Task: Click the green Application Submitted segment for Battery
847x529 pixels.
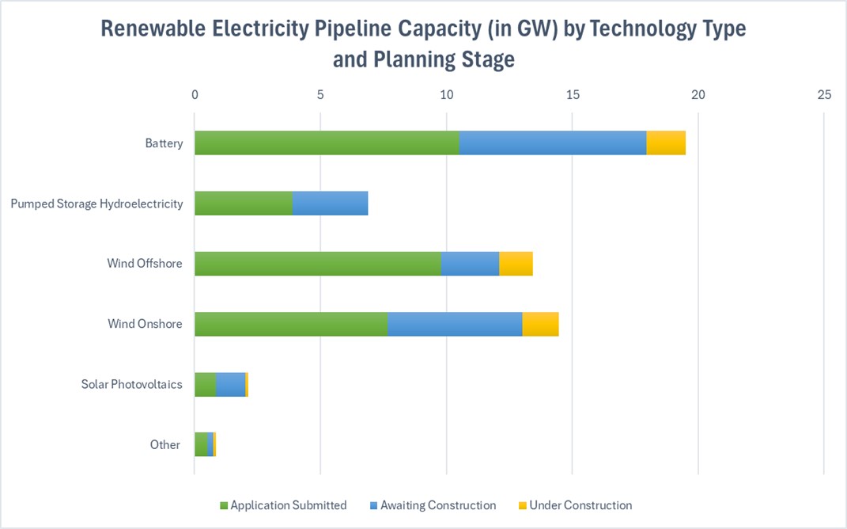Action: point(327,143)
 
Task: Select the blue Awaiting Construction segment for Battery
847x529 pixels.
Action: point(552,143)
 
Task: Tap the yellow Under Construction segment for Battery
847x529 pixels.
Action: point(666,143)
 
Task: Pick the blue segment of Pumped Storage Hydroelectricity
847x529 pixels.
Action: point(330,204)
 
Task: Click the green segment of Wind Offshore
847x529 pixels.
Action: point(317,264)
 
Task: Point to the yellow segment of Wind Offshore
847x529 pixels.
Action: point(516,264)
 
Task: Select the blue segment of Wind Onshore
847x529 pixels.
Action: point(455,324)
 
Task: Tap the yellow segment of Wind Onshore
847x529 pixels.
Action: point(540,324)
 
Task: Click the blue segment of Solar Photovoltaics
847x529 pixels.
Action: point(230,384)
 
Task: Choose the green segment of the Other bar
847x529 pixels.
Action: point(201,444)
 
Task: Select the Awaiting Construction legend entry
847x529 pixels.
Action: point(437,505)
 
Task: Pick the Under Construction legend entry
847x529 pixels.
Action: point(580,505)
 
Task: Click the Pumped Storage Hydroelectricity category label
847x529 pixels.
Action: point(96,204)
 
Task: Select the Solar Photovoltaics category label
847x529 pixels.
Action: point(131,384)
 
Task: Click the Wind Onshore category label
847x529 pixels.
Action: point(145,324)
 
